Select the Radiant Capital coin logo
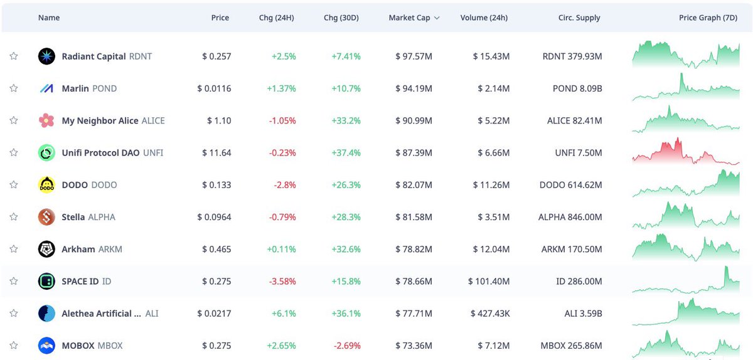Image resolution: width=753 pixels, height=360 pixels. coord(46,56)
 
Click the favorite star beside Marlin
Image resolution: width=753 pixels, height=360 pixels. coord(13,88)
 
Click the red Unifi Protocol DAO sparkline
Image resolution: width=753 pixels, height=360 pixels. coord(685,152)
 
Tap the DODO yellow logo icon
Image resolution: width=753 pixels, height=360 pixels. coord(46,185)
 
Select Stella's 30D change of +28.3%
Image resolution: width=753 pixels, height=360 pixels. coord(346,217)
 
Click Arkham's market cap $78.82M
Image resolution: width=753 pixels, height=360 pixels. coord(414,249)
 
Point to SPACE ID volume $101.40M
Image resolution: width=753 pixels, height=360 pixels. coord(488,281)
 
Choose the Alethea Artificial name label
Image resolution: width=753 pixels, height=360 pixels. coord(97,314)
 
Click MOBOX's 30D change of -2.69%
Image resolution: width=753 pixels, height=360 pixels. coord(346,346)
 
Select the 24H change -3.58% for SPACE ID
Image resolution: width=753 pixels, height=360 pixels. coord(282,281)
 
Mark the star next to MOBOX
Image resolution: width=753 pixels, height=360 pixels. coord(13,346)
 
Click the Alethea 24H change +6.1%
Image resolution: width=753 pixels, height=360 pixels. coord(284,314)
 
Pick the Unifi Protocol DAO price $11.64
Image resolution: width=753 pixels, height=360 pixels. coord(216,152)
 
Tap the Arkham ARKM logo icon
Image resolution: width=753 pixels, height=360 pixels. coord(46,249)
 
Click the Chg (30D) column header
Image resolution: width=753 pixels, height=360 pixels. coord(341,18)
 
